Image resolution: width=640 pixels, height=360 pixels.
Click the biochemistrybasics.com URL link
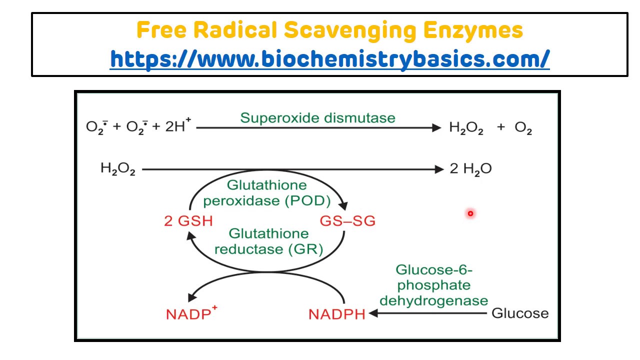point(329,59)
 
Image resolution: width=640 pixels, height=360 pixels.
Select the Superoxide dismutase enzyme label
point(317,118)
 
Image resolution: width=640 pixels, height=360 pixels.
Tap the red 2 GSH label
point(188,221)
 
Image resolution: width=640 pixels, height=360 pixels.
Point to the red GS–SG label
point(347,221)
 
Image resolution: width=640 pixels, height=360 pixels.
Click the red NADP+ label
point(191,314)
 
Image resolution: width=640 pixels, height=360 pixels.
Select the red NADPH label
point(336,314)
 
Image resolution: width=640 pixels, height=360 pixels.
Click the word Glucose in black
point(520,313)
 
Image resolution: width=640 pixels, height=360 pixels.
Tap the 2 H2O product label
point(470,169)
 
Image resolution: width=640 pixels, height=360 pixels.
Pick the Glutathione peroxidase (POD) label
point(267,193)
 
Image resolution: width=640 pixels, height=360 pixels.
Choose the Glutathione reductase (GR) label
point(268,241)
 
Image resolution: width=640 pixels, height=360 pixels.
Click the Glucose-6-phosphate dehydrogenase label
point(433,285)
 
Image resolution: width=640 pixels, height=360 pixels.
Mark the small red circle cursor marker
point(470,214)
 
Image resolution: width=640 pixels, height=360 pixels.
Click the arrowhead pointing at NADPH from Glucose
point(372,313)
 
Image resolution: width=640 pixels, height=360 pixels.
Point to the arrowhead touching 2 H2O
point(439,169)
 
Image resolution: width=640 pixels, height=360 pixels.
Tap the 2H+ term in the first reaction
point(177,126)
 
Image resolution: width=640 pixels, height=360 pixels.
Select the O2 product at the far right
point(523,128)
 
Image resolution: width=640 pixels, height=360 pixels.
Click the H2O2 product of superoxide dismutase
point(466,128)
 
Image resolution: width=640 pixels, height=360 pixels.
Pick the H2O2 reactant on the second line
point(117,169)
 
